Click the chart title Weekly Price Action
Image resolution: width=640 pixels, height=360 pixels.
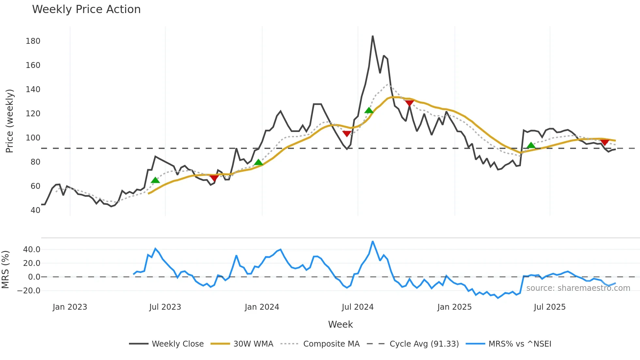pyautogui.click(x=86, y=9)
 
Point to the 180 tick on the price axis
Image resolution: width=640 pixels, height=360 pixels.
pyautogui.click(x=33, y=41)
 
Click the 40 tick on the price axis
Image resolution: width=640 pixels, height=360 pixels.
pyautogui.click(x=35, y=210)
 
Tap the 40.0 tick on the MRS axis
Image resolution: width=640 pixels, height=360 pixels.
pyautogui.click(x=32, y=250)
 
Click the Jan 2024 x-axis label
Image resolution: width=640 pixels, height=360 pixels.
pyautogui.click(x=262, y=307)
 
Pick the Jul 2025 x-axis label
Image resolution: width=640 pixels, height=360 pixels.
pyautogui.click(x=550, y=307)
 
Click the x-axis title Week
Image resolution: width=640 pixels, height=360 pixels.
pyautogui.click(x=340, y=324)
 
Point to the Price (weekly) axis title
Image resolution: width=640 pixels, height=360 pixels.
pyautogui.click(x=10, y=121)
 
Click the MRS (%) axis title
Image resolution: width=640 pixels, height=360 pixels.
pyautogui.click(x=5, y=270)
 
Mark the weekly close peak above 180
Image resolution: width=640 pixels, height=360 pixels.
pyautogui.click(x=373, y=36)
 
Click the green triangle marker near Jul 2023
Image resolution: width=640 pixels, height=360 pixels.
pyautogui.click(x=155, y=180)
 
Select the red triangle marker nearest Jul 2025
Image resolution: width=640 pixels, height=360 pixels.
pyautogui.click(x=605, y=142)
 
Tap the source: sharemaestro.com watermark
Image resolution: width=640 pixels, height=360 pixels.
pyautogui.click(x=578, y=288)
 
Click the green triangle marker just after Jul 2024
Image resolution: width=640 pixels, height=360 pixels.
pyautogui.click(x=369, y=110)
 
